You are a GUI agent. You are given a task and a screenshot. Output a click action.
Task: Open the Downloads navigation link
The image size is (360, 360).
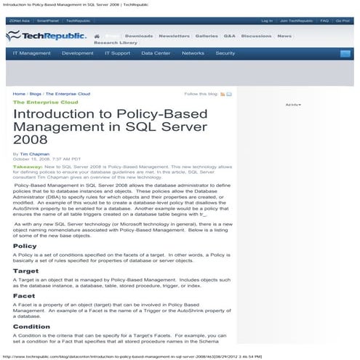coord(139,35)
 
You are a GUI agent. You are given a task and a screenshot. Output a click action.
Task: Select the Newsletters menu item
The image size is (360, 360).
coord(174,35)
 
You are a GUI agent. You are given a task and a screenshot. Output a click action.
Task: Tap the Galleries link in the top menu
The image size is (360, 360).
coord(207,35)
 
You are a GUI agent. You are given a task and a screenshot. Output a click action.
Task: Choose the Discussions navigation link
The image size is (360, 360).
coord(256,35)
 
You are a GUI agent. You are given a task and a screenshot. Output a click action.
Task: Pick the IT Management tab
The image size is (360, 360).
coord(31,53)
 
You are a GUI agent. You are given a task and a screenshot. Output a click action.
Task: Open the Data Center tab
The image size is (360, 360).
coord(156,53)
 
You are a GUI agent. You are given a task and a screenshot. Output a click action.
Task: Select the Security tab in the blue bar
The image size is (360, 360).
coord(225,53)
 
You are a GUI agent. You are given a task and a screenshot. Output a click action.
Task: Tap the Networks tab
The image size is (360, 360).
coord(193,53)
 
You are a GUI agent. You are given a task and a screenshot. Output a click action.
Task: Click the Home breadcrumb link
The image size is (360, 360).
coord(19,94)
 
